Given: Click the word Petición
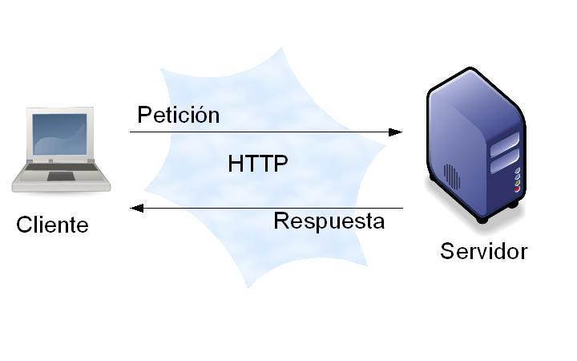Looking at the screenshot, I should [x=178, y=115].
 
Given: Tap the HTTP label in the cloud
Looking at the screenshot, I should [x=257, y=164].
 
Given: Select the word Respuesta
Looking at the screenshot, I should [x=329, y=221].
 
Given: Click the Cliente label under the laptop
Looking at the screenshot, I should [x=52, y=225].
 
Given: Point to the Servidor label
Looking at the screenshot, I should [x=483, y=251].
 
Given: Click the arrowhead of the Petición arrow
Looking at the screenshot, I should [x=396, y=132].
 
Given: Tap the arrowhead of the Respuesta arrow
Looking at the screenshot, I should [x=137, y=208].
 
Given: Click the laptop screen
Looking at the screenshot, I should [x=60, y=134].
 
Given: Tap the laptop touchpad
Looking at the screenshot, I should [x=60, y=176].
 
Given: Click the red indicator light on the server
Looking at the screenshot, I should [x=517, y=189].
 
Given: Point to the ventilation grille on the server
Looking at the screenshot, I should [x=452, y=176].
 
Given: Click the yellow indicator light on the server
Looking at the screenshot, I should [x=517, y=183].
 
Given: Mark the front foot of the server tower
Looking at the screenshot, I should [x=482, y=217].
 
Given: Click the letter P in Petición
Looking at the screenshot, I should [x=143, y=115].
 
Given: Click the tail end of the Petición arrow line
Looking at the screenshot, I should [x=131, y=132].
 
